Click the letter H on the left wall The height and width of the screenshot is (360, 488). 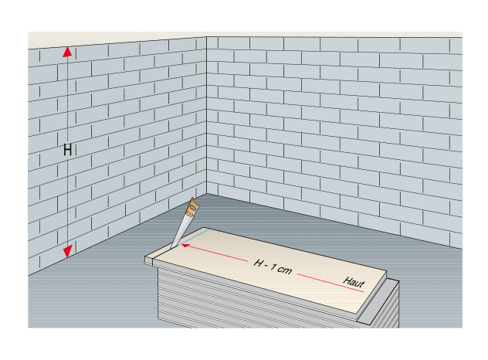coord(68,150)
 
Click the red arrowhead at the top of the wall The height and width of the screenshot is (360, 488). coord(67,53)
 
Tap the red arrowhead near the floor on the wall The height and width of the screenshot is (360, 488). coord(67,251)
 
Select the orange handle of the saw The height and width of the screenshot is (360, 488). coord(192,207)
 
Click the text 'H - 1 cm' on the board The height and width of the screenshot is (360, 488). coord(273,265)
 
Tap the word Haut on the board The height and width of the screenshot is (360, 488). coord(354,283)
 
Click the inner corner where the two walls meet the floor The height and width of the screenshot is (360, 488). coord(206,194)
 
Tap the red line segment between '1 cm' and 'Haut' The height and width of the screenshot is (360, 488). coord(317,277)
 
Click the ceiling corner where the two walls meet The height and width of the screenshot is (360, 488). coord(206,36)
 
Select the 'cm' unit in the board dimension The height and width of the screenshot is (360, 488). coord(285,268)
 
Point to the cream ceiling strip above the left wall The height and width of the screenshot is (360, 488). coord(116,40)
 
